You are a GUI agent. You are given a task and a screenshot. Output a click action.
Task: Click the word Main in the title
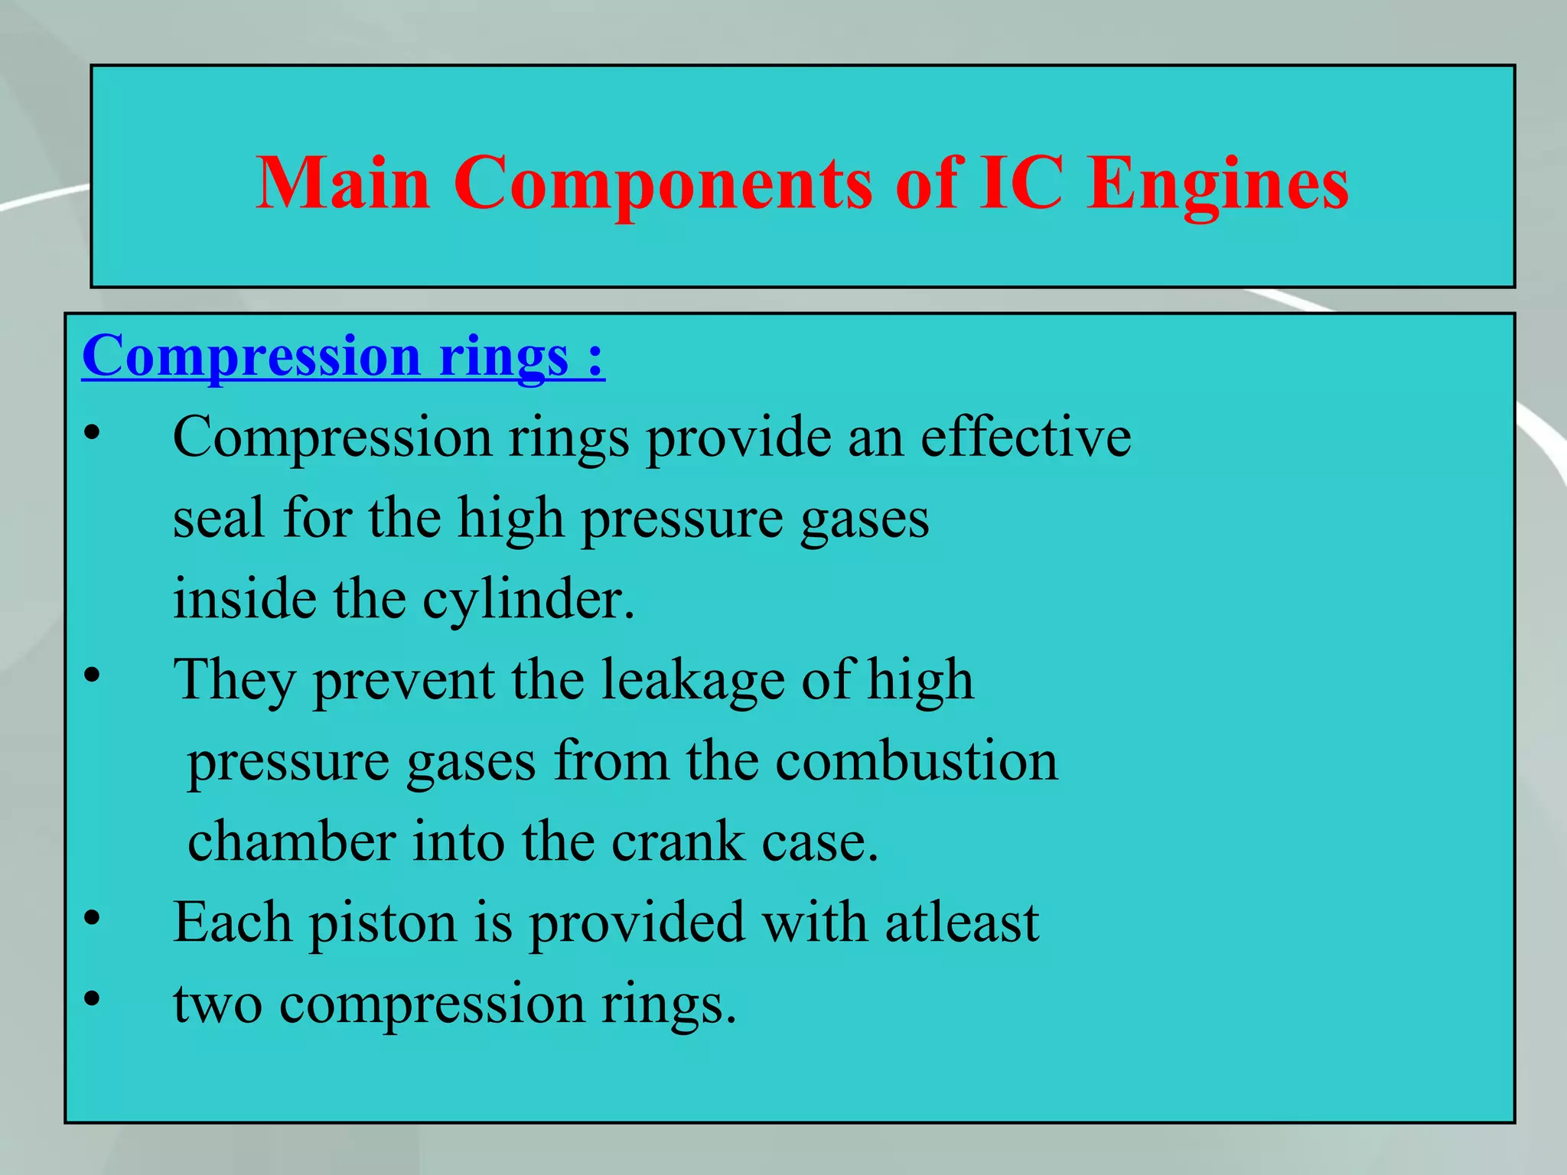click(x=343, y=184)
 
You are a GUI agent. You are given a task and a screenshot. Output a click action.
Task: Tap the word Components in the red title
click(x=663, y=185)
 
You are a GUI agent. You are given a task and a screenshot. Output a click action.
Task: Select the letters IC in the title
click(x=1021, y=184)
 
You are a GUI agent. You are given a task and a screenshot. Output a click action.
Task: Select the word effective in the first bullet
click(x=1025, y=437)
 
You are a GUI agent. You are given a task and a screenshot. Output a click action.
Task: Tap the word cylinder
click(x=528, y=601)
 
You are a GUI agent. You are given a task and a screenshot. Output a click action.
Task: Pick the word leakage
click(x=692, y=679)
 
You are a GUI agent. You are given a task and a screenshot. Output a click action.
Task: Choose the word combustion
click(x=917, y=761)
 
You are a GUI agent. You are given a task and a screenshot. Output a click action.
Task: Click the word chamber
click(x=292, y=841)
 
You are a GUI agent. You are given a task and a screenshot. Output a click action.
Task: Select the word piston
click(x=383, y=923)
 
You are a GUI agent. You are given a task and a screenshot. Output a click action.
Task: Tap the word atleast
click(x=962, y=922)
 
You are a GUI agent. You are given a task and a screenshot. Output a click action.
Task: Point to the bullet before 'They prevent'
click(x=93, y=676)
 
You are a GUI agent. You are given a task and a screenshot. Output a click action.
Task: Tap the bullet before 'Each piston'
click(x=93, y=919)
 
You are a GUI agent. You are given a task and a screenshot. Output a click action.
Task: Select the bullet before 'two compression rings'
click(x=93, y=999)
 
